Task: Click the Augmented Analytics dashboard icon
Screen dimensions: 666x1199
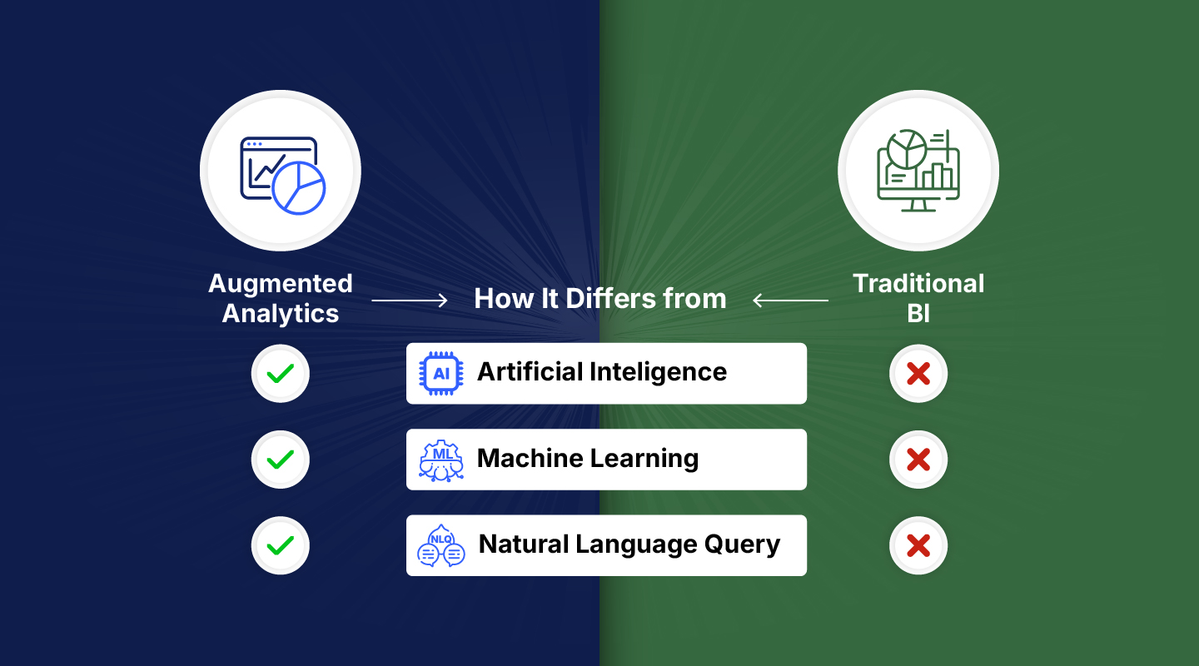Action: [x=281, y=171]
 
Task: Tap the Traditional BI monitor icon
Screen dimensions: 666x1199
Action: [x=918, y=171]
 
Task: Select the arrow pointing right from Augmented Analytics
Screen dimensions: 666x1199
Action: [x=410, y=300]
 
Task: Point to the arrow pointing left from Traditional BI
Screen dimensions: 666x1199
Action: [x=790, y=300]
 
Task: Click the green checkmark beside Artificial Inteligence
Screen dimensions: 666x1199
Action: [x=281, y=374]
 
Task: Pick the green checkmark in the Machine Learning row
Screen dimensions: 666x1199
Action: [x=281, y=459]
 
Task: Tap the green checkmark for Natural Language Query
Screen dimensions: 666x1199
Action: [x=281, y=545]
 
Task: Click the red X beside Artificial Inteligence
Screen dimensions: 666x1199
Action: [x=918, y=374]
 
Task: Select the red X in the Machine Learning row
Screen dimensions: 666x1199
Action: [x=918, y=459]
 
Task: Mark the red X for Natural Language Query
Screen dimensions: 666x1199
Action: [x=918, y=545]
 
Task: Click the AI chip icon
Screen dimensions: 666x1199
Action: [x=441, y=374]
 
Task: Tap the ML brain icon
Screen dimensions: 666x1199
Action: [x=441, y=460]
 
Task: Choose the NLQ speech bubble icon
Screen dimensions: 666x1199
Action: [x=441, y=546]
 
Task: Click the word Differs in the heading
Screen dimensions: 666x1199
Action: [x=602, y=299]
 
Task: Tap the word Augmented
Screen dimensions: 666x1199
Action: [x=281, y=284]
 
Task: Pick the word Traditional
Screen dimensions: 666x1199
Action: [x=918, y=284]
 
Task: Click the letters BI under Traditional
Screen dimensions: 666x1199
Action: [x=918, y=315]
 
